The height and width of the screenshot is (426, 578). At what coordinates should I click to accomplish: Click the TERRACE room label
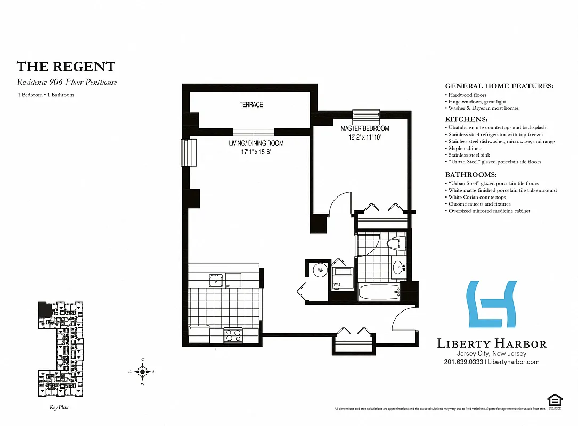click(251, 105)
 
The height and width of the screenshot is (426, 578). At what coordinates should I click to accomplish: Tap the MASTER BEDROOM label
click(365, 129)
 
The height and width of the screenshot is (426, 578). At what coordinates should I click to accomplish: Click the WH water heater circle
click(320, 271)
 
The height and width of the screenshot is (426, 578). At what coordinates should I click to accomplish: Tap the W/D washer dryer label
click(337, 285)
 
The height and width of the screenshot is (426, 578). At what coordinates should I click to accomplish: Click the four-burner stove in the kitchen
click(233, 335)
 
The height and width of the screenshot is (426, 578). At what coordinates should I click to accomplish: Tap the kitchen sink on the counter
click(216, 280)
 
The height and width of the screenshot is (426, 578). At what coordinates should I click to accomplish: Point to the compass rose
click(143, 371)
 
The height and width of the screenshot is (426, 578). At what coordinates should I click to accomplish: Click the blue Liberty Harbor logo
click(492, 304)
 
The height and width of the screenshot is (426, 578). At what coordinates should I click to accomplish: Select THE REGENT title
click(66, 67)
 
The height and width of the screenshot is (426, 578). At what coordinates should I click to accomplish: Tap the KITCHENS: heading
click(466, 119)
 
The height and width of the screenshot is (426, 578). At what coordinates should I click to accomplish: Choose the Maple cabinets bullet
click(465, 149)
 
